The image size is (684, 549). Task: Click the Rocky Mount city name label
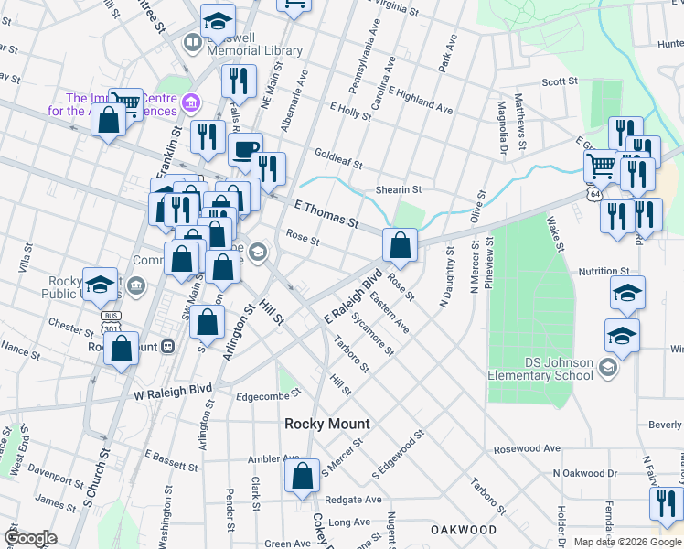point(327,424)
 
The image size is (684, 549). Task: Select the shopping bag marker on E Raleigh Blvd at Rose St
point(400,244)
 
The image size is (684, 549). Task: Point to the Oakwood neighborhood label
point(464,530)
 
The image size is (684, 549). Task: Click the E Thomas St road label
point(326,215)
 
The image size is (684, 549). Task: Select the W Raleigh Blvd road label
point(173,390)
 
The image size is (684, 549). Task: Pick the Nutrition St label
point(604,272)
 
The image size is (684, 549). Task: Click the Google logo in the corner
point(30,537)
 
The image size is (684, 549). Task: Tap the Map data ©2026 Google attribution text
point(628,542)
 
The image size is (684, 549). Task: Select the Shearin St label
point(398,189)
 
